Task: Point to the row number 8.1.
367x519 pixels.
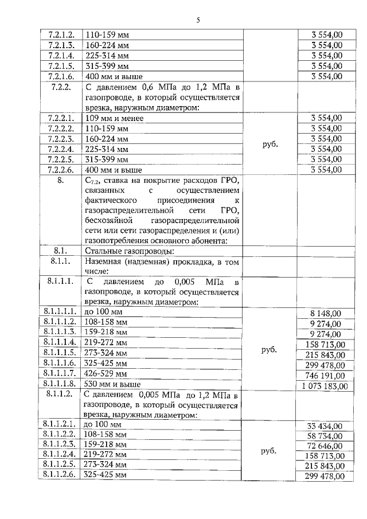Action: pos(61,251)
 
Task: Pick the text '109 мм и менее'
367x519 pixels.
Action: pos(114,118)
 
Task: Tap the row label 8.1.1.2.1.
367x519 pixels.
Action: pos(60,424)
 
